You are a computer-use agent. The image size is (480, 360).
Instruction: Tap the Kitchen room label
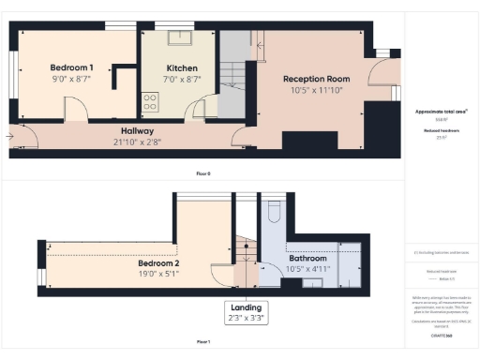[182, 67]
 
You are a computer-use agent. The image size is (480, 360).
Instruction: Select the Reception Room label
[317, 80]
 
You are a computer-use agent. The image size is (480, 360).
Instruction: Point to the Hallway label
[137, 130]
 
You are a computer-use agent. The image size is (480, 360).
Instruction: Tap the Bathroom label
[307, 258]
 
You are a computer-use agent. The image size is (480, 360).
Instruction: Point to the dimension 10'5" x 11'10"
[317, 91]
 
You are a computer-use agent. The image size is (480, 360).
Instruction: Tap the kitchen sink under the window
[180, 38]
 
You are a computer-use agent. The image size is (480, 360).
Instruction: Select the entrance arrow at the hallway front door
[9, 137]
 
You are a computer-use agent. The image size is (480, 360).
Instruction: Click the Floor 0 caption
[202, 173]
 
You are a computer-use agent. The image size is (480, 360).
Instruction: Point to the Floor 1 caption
[202, 341]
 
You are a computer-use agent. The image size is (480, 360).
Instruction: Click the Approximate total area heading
[440, 111]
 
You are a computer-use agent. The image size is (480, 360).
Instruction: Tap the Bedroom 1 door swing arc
[77, 114]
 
